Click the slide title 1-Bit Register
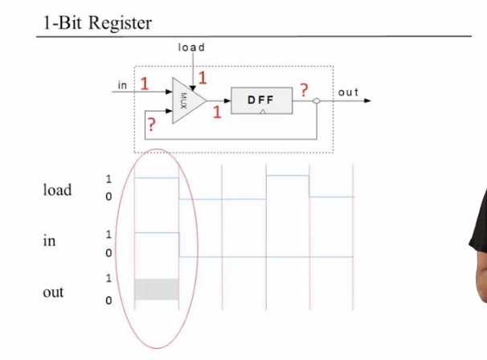(97, 22)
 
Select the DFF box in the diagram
(261, 100)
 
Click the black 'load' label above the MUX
(191, 47)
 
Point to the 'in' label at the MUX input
(123, 84)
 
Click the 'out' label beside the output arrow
(348, 92)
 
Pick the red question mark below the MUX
(149, 125)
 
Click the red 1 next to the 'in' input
(145, 84)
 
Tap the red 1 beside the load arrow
(203, 78)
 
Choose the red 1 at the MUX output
(217, 112)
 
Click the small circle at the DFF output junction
(318, 101)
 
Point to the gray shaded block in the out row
(156, 289)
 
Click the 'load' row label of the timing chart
(57, 190)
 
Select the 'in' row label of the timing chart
(49, 240)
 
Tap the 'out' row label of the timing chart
(53, 292)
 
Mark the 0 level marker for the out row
(109, 301)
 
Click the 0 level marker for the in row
(109, 254)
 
